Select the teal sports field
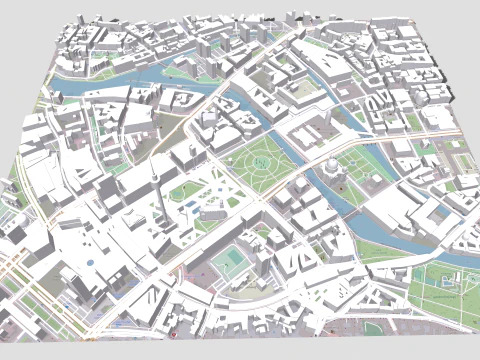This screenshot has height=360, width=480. pyautogui.click(x=230, y=263)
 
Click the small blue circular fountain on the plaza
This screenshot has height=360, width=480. pyautogui.click(x=92, y=262)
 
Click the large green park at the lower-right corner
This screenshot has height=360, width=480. pyautogui.click(x=445, y=295)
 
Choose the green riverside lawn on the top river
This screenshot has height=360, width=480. pyautogui.click(x=185, y=72)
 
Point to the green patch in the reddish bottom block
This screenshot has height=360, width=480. pyautogui.click(x=372, y=327)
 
